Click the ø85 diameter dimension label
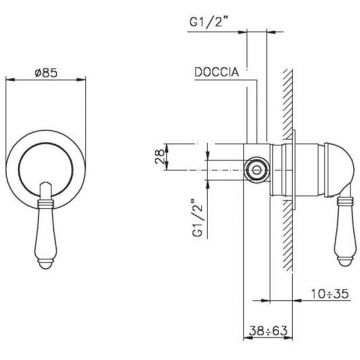point(46,72)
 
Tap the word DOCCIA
point(217,72)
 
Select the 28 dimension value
point(160,157)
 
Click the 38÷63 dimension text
point(268,331)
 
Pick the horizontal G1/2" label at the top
point(207,22)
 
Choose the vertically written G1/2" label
point(199,218)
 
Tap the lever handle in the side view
point(345,230)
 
